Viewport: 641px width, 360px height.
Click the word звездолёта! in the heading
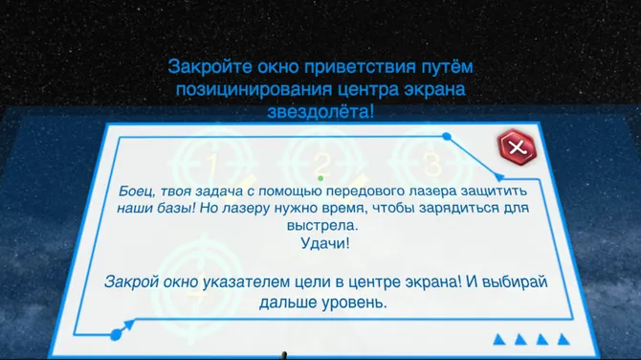(x=320, y=112)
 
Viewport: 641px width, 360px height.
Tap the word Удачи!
(x=320, y=244)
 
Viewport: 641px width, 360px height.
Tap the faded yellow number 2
(x=322, y=161)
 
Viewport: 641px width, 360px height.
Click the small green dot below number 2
(x=320, y=178)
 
